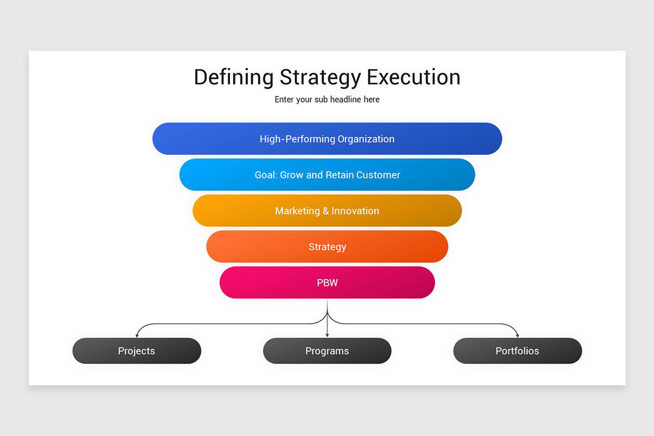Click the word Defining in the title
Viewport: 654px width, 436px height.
233,77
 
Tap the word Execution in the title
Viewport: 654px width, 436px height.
414,77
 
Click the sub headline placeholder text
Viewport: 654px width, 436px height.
327,100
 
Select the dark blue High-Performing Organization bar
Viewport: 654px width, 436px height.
327,139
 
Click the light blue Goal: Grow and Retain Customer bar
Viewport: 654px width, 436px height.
327,175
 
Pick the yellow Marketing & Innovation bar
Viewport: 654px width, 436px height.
327,211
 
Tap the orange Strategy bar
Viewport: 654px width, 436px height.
327,247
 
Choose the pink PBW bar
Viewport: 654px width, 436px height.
327,283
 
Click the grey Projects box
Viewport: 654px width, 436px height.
137,351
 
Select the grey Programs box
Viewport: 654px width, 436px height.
327,351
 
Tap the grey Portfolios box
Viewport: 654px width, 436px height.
517,351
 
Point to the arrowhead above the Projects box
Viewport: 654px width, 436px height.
137,335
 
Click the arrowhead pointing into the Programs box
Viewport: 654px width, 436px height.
327,335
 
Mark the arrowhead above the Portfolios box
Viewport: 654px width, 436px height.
517,335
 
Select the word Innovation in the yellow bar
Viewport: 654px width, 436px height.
355,211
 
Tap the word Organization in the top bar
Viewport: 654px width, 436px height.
366,139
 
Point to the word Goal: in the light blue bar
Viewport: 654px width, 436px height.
266,175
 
